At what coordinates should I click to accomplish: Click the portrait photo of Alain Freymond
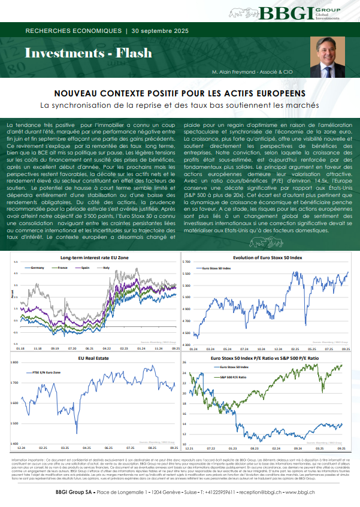point(329,54)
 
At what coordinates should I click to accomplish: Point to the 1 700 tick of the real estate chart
point(14,382)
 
